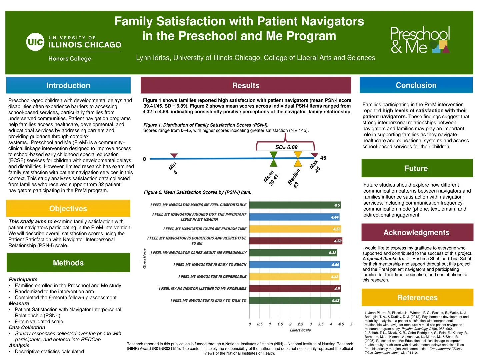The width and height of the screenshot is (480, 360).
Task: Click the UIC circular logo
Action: (x=35, y=42)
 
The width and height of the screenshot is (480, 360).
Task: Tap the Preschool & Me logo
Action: (x=420, y=40)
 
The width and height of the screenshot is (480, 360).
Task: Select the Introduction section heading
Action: (x=68, y=85)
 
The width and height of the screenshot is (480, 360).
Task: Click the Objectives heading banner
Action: (x=68, y=209)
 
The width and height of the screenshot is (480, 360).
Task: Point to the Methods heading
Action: (x=68, y=263)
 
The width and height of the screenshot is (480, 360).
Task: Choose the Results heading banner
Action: (x=246, y=85)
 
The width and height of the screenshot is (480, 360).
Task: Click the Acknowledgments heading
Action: (x=417, y=232)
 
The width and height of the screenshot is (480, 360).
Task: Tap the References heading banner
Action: (x=417, y=297)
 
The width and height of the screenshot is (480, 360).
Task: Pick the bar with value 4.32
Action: (x=293, y=253)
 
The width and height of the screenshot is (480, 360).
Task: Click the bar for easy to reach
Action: (x=295, y=265)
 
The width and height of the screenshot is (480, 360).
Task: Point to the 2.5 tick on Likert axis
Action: (x=300, y=324)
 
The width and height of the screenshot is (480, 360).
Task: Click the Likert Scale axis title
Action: (x=300, y=330)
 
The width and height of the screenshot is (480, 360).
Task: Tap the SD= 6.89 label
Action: (x=286, y=147)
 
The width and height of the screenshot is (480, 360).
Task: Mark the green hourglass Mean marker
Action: (x=273, y=159)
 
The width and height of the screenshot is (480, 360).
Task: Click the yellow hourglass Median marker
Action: (x=298, y=159)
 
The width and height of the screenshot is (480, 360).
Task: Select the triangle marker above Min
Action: (x=174, y=156)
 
